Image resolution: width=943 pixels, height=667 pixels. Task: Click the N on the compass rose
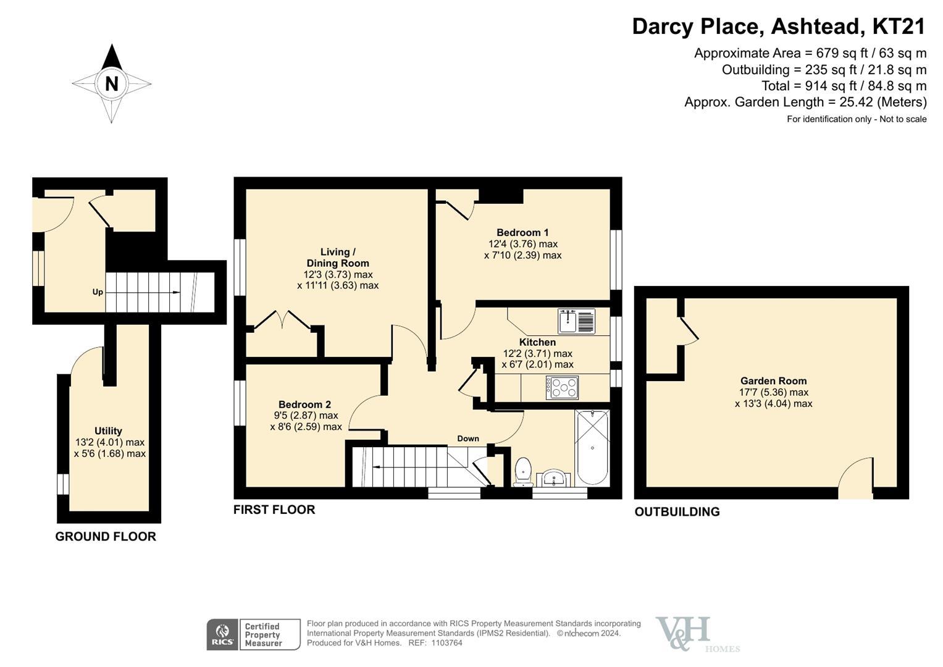pyautogui.click(x=112, y=84)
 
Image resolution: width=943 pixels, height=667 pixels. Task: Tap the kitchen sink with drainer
pyautogui.click(x=577, y=321)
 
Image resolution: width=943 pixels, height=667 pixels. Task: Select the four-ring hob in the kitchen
pyautogui.click(x=562, y=387)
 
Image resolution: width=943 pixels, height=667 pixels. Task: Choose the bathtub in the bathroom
pyautogui.click(x=592, y=448)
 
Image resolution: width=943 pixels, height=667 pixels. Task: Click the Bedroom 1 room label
pyautogui.click(x=522, y=232)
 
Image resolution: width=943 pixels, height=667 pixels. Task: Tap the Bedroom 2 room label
pyautogui.click(x=305, y=405)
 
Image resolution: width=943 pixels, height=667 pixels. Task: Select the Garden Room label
pyautogui.click(x=773, y=380)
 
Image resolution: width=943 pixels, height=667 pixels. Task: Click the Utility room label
pyautogui.click(x=108, y=431)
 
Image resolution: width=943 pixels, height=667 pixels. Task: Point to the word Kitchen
pyautogui.click(x=537, y=342)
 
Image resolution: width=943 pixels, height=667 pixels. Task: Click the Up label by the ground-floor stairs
pyautogui.click(x=98, y=292)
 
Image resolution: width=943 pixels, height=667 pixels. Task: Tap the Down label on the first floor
pyautogui.click(x=468, y=438)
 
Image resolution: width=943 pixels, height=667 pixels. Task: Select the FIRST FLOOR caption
pyautogui.click(x=274, y=510)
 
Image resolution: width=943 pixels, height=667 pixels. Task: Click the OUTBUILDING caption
pyautogui.click(x=677, y=511)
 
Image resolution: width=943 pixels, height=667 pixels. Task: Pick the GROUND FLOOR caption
pyautogui.click(x=106, y=537)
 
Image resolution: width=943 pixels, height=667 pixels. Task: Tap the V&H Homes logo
pyautogui.click(x=697, y=634)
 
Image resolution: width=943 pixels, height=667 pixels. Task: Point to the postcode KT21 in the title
pyautogui.click(x=899, y=27)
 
